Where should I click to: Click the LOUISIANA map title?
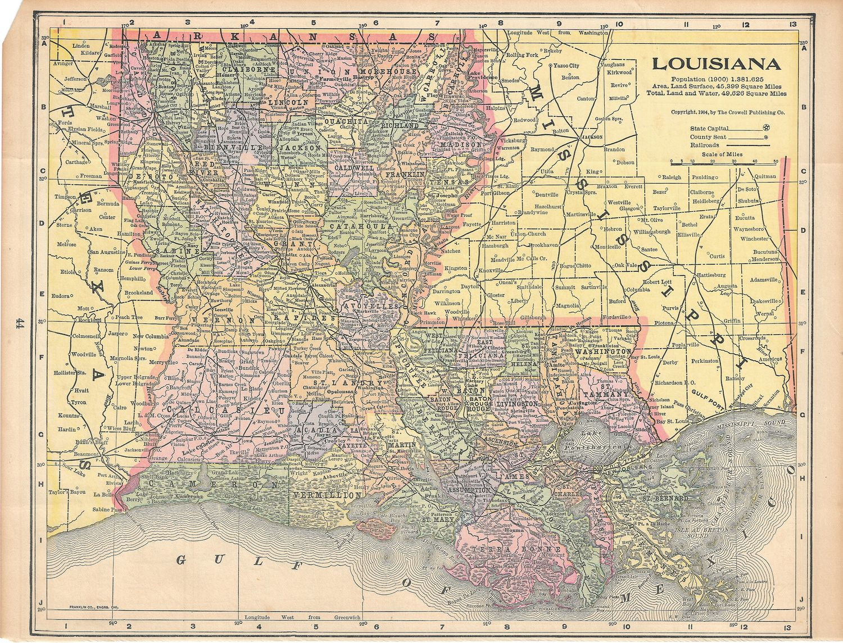coord(716,63)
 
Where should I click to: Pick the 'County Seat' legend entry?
coord(708,137)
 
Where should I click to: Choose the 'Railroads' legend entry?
coord(704,145)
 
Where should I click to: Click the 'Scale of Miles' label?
coord(725,154)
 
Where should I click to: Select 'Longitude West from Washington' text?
coord(558,33)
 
